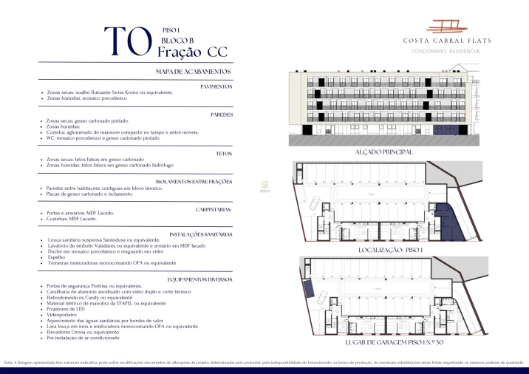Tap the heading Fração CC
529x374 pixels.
(192, 52)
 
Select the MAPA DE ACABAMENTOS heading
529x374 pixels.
(194, 72)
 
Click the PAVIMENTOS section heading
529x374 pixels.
(216, 86)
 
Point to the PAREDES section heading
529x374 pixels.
(222, 115)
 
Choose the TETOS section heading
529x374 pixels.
(225, 153)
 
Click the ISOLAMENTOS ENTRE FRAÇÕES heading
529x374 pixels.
(195, 181)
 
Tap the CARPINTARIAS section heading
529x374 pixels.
(214, 209)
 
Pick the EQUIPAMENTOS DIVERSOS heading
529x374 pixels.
(200, 279)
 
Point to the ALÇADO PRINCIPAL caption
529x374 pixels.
(384, 152)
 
